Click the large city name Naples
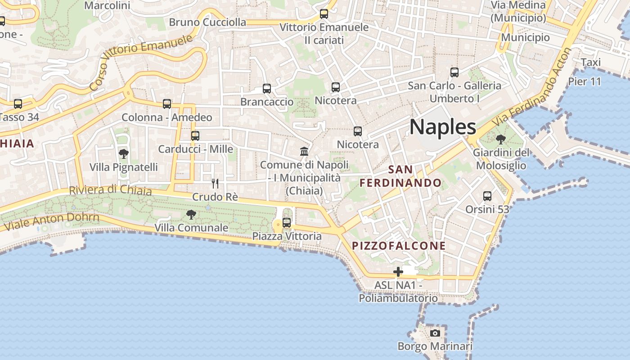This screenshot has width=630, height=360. [x=443, y=127]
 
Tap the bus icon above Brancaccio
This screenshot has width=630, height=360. [x=267, y=89]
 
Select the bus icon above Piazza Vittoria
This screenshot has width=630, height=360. [x=287, y=222]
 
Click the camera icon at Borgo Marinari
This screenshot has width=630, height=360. [x=435, y=333]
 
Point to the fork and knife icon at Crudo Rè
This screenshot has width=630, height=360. [x=215, y=183]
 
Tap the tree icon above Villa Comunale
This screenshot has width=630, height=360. [x=191, y=215]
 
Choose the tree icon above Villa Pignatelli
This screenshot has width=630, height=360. [x=123, y=154]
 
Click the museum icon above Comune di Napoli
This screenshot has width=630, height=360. [x=304, y=152]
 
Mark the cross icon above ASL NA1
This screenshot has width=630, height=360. [x=398, y=272]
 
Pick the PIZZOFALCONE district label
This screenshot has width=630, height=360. [x=399, y=246]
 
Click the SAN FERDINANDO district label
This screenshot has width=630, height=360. [x=400, y=176]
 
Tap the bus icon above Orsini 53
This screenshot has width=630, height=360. [x=487, y=196]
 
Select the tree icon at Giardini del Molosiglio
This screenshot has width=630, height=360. [x=500, y=139]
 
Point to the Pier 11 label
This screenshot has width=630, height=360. [x=584, y=81]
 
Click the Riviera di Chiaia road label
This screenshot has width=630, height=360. [x=110, y=190]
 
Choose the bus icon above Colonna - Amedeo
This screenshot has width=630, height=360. [x=167, y=104]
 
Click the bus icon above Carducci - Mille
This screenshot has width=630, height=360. [x=195, y=135]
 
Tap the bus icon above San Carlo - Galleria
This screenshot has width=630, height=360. [x=454, y=72]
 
